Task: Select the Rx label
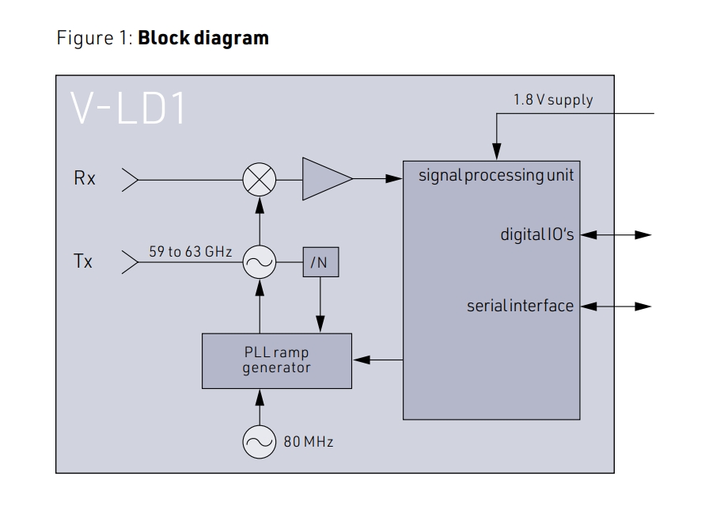click(85, 179)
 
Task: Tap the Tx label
click(83, 261)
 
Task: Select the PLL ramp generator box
click(277, 361)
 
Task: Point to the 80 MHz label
click(309, 442)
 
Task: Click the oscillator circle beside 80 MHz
click(260, 442)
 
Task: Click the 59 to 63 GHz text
click(190, 252)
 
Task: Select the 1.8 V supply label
click(553, 101)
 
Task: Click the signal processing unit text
click(496, 175)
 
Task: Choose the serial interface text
click(520, 306)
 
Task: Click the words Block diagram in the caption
click(203, 38)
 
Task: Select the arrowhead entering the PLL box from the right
click(362, 361)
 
